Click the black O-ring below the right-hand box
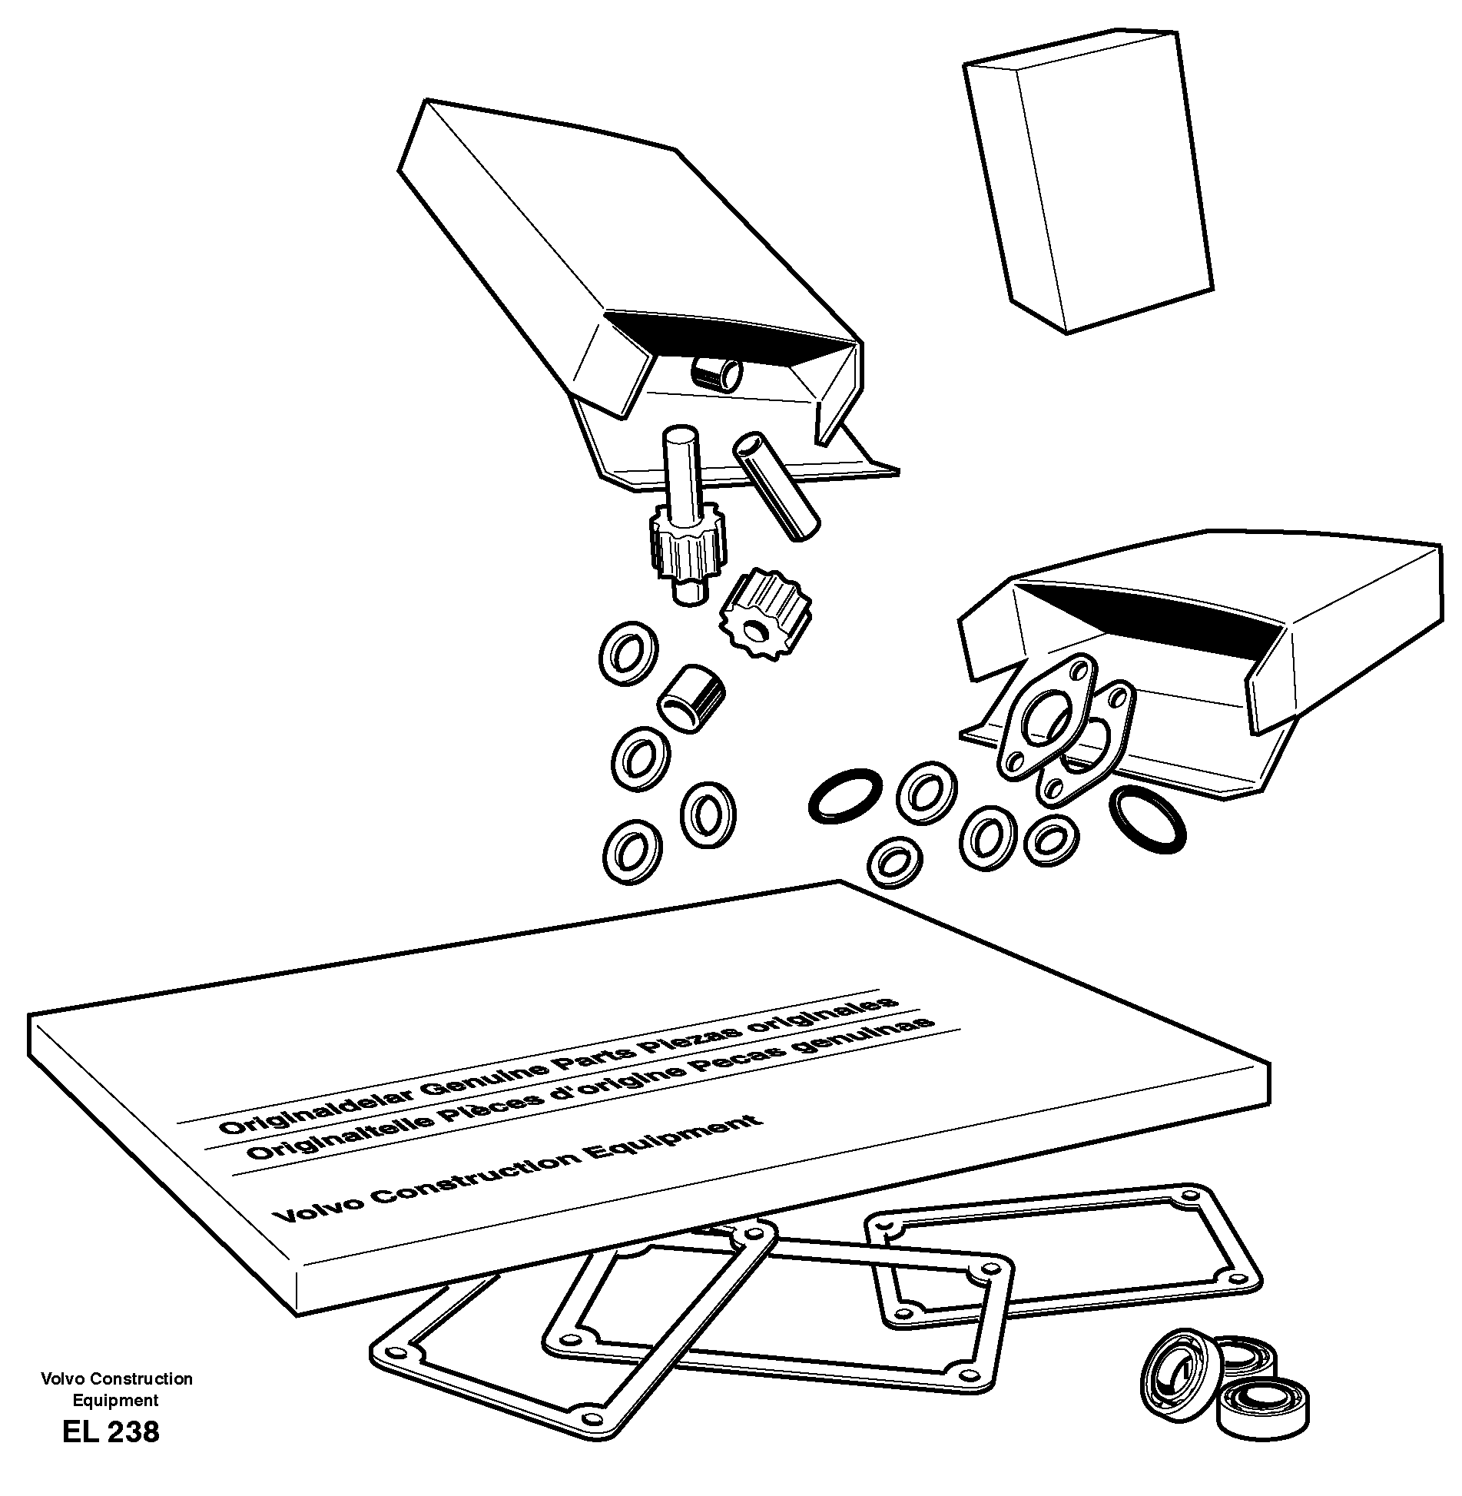(1148, 820)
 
